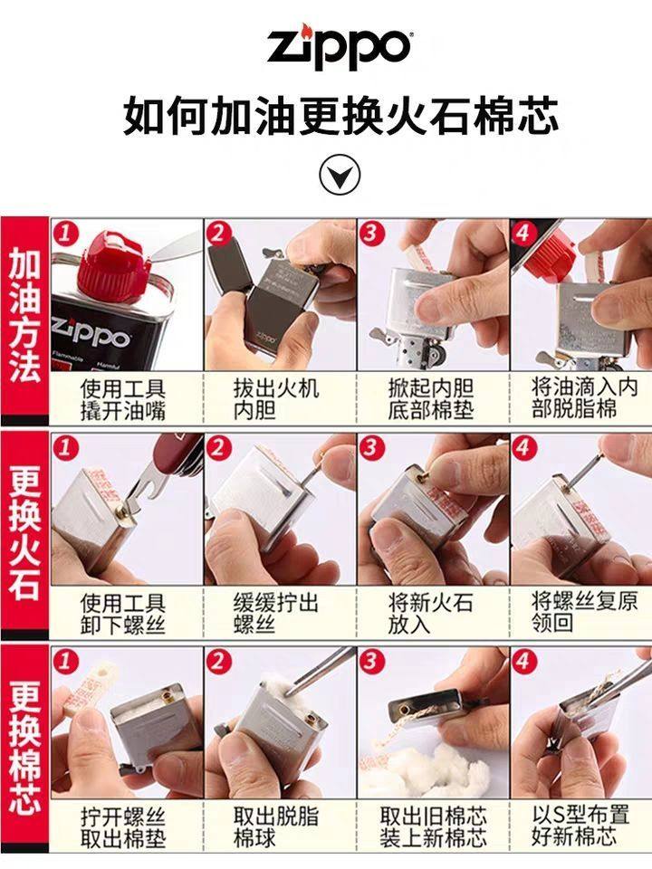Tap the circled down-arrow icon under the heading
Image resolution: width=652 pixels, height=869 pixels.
pos(340,175)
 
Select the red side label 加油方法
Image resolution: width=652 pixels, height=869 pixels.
pos(24,316)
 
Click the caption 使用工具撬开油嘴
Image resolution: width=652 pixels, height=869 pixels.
pos(122,399)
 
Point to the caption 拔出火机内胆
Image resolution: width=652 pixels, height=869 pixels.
pos(276,399)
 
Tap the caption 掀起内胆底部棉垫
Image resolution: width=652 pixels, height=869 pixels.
pos(431,399)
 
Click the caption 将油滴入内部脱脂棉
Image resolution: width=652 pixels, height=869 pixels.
pos(584,398)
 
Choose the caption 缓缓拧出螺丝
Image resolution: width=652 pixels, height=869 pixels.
pos(276,614)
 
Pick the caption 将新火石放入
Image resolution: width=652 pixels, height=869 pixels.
pos(431,614)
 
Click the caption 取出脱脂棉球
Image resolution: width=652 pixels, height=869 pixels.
pos(276,827)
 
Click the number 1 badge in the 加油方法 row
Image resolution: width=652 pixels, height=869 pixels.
pos(65,233)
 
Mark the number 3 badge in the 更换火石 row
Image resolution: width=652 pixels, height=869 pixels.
pos(371,446)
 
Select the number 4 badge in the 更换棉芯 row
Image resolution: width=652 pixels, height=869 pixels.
pos(524,661)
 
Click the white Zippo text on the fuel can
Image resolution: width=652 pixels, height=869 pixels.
pos(91,332)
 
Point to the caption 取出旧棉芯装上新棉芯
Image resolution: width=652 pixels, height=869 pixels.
pos(433,827)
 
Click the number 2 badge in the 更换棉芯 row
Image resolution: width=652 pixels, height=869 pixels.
pos(218,661)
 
